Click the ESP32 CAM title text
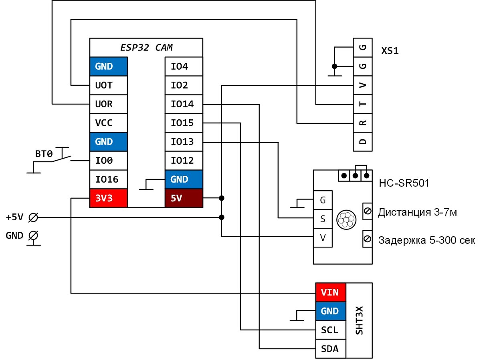[146, 48]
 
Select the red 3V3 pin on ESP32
[108, 198]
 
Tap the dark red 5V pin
[184, 198]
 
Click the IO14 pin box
[184, 105]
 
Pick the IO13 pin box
[184, 142]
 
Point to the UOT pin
[108, 85]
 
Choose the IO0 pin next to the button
[108, 161]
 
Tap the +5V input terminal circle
[34, 217]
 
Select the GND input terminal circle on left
[34, 236]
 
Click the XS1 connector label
[390, 51]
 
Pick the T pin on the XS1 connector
[363, 104]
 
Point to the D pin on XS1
[363, 141]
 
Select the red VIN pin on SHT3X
[330, 292]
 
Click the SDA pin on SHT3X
[330, 348]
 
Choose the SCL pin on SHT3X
[330, 330]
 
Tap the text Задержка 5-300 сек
[426, 241]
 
